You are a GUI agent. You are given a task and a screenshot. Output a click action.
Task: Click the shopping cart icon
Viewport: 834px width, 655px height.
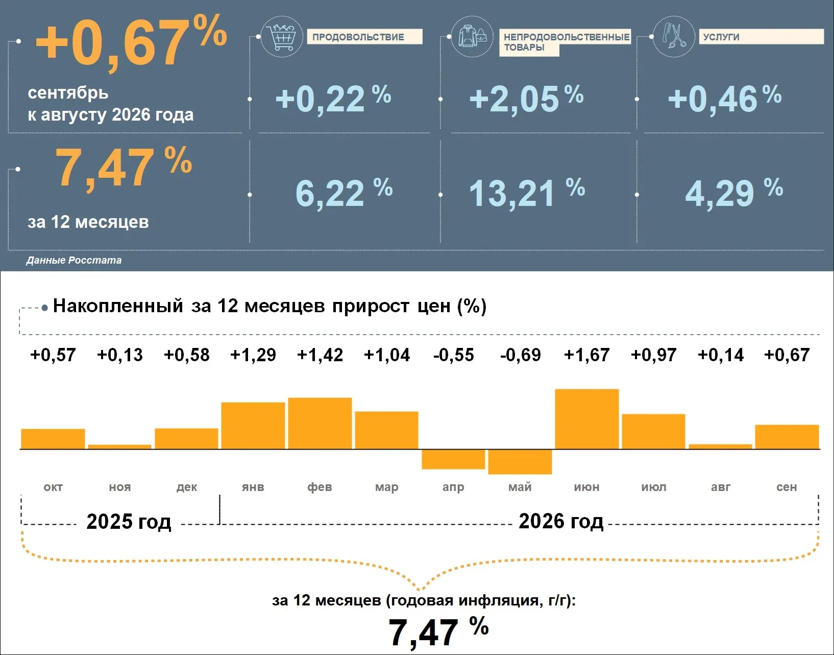(282, 37)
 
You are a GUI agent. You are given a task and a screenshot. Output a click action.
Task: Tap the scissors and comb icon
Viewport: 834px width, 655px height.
(674, 37)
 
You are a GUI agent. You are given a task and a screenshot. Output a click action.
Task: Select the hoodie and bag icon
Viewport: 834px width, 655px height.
(472, 37)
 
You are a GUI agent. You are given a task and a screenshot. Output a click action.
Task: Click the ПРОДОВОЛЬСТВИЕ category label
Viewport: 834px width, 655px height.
(358, 37)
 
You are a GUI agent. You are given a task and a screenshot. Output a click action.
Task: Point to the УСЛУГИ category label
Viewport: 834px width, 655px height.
(721, 37)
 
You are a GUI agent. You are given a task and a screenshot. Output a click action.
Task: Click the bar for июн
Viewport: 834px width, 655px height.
(587, 419)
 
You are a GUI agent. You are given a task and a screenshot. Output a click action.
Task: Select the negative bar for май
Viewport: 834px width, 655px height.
(520, 462)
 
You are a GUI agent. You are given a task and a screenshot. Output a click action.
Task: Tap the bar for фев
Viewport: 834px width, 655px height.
(320, 424)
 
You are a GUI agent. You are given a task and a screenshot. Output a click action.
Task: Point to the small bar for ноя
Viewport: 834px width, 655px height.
(120, 447)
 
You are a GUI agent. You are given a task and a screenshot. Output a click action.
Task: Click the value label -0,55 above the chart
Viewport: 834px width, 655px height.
(454, 355)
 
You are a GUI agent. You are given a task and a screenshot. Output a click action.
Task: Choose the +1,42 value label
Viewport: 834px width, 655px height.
(320, 355)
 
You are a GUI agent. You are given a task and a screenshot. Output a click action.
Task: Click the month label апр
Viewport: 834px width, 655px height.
(453, 487)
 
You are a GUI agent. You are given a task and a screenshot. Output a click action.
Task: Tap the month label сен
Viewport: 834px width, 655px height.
(787, 487)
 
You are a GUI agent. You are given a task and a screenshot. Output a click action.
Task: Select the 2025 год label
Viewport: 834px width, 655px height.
(129, 521)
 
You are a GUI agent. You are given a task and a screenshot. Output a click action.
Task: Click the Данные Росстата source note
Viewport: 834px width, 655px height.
(73, 260)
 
